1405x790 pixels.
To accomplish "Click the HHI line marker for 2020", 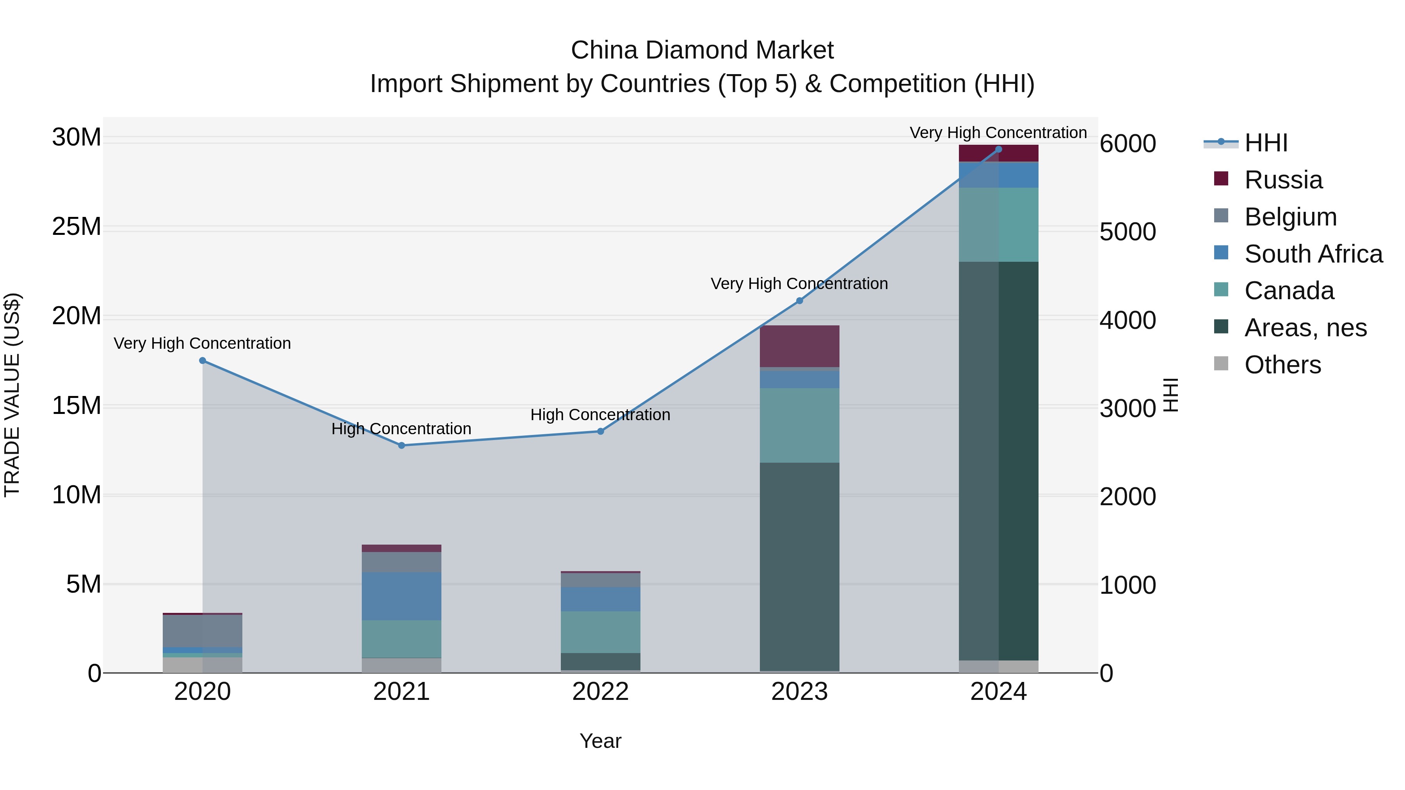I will pyautogui.click(x=202, y=360).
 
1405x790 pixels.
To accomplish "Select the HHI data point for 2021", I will pyautogui.click(x=402, y=446).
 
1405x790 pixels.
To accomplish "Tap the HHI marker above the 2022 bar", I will pyautogui.click(x=601, y=431).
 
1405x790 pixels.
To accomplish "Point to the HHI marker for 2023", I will pyautogui.click(x=800, y=300).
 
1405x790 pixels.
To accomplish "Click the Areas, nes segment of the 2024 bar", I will pyautogui.click(x=999, y=461).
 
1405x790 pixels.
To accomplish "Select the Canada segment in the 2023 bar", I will pyautogui.click(x=800, y=425).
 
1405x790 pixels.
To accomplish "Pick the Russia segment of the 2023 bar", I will pyautogui.click(x=800, y=346).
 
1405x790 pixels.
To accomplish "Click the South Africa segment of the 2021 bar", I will pyautogui.click(x=402, y=596).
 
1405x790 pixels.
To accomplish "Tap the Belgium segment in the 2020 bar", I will pyautogui.click(x=202, y=631).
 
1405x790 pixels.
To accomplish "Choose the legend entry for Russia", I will pyautogui.click(x=1283, y=180).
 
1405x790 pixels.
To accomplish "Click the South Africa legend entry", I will pyautogui.click(x=1313, y=254).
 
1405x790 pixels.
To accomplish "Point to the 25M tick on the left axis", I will pyautogui.click(x=76, y=227).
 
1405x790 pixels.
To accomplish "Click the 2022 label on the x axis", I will pyautogui.click(x=601, y=692).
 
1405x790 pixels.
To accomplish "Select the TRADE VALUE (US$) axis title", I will pyautogui.click(x=12, y=395).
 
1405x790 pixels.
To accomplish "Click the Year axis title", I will pyautogui.click(x=601, y=741).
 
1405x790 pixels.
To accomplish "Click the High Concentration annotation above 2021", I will pyautogui.click(x=402, y=429).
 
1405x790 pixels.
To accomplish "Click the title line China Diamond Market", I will pyautogui.click(x=702, y=50).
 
